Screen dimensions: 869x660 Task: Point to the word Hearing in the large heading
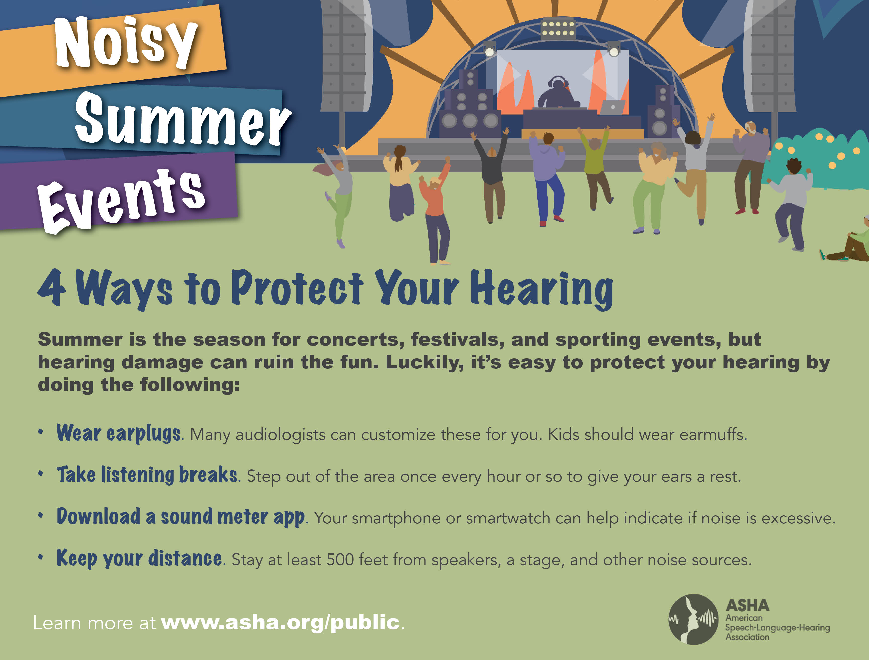pyautogui.click(x=542, y=289)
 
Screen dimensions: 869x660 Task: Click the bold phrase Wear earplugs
pyautogui.click(x=119, y=433)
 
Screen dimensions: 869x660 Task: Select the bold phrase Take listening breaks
pyautogui.click(x=147, y=475)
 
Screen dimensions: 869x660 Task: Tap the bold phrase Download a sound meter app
pyautogui.click(x=181, y=517)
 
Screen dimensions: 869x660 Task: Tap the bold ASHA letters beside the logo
pyautogui.click(x=747, y=606)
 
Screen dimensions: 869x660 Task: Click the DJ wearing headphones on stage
pyautogui.click(x=558, y=92)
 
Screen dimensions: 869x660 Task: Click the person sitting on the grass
pyautogui.click(x=849, y=244)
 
